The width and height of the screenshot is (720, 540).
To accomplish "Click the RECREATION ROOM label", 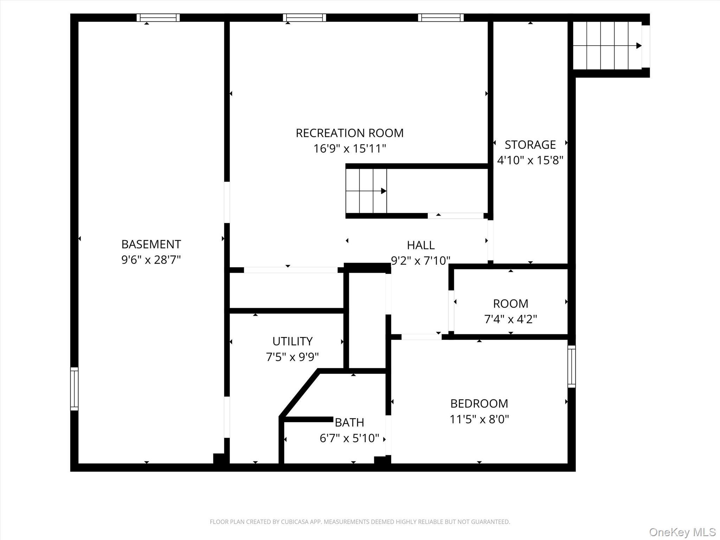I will pyautogui.click(x=349, y=133).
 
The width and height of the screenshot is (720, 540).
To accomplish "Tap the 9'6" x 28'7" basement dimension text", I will pyautogui.click(x=151, y=260).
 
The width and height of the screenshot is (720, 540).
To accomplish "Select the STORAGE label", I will pyautogui.click(x=530, y=145).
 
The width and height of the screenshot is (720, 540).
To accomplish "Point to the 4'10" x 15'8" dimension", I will pyautogui.click(x=530, y=161).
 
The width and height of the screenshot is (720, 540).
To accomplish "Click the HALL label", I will pyautogui.click(x=421, y=245).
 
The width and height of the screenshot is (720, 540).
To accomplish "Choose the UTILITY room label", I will pyautogui.click(x=292, y=341).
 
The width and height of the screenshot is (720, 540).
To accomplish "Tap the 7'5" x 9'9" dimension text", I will pyautogui.click(x=292, y=357).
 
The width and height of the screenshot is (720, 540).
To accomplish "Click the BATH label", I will pyautogui.click(x=349, y=422).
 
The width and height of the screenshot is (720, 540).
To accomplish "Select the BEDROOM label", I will pyautogui.click(x=479, y=404).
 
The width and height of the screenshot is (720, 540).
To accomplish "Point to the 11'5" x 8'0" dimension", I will pyautogui.click(x=479, y=419).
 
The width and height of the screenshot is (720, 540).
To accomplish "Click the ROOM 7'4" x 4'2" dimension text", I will pyautogui.click(x=510, y=319).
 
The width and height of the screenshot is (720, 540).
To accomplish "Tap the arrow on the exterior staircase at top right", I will pyautogui.click(x=638, y=46).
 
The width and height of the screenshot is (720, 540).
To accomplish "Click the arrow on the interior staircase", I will pyautogui.click(x=384, y=191).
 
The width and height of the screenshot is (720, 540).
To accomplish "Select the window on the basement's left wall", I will pyautogui.click(x=74, y=389).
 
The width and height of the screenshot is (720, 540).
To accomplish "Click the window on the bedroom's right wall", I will pyautogui.click(x=572, y=366).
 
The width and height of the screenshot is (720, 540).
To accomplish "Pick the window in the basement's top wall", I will pyautogui.click(x=158, y=18).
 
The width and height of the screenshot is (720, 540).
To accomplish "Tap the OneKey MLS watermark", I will pyautogui.click(x=682, y=532).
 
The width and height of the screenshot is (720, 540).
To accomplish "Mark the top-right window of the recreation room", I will pyautogui.click(x=441, y=18).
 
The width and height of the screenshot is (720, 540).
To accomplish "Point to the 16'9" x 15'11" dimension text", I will pyautogui.click(x=349, y=149).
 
